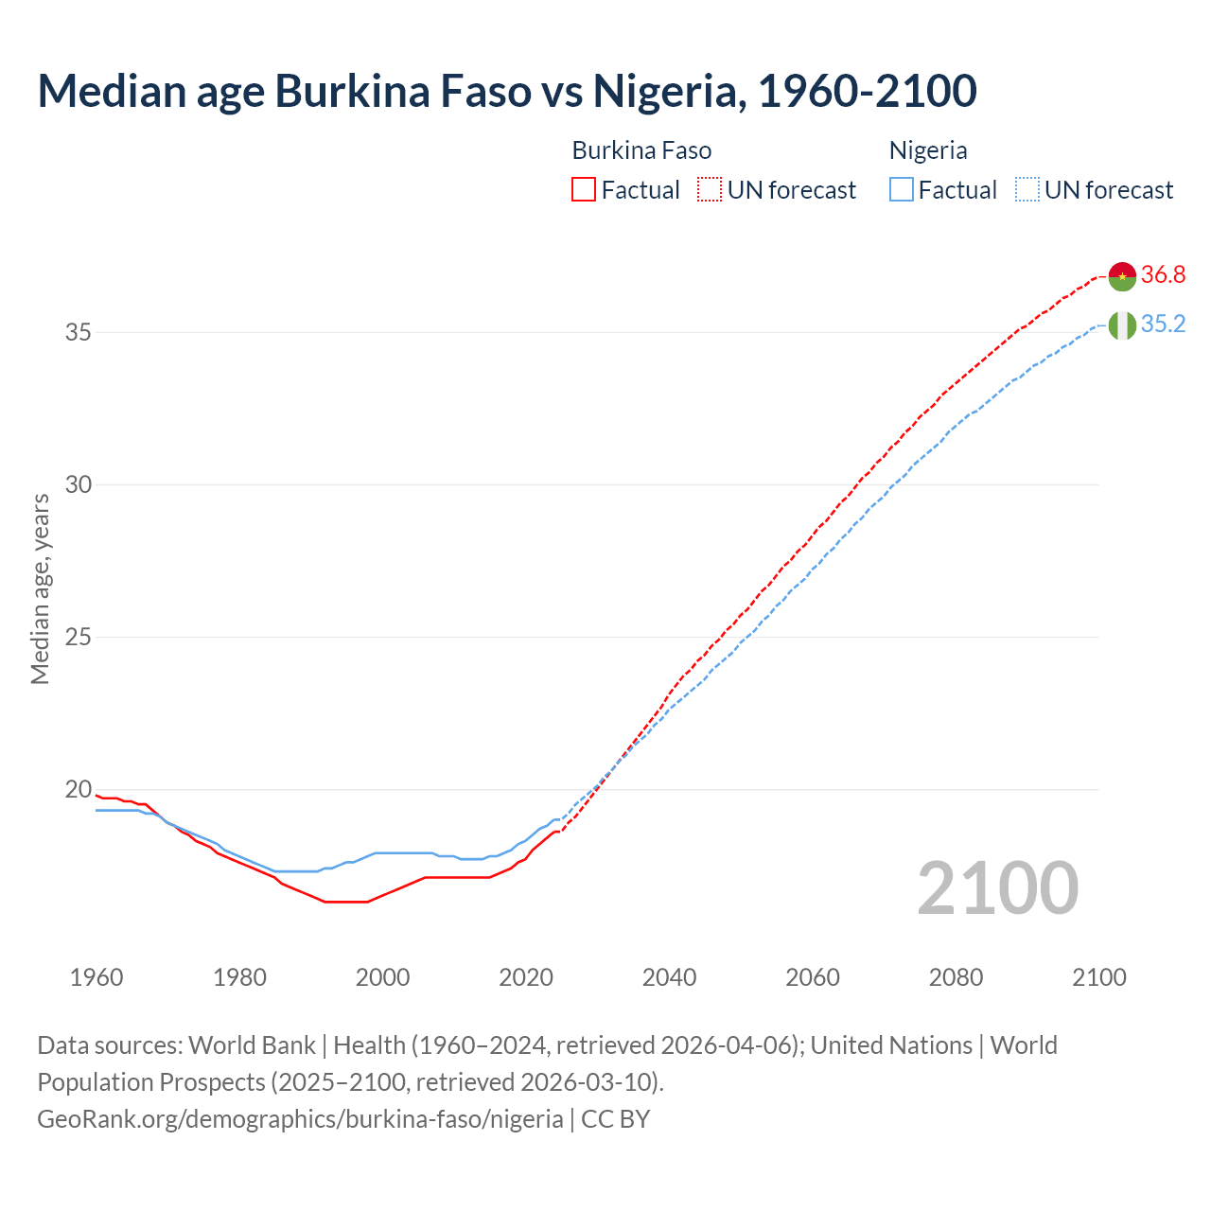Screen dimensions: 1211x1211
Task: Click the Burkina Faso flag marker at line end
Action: [x=1122, y=276]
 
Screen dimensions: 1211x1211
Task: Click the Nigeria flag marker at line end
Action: [x=1122, y=325]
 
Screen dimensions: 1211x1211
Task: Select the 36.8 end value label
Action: [x=1163, y=275]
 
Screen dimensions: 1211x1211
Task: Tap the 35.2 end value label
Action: [x=1163, y=325]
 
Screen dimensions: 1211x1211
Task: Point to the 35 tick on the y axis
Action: [x=79, y=333]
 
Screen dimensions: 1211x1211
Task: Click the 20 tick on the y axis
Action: [x=79, y=790]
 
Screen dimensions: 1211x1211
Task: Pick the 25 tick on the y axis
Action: [x=79, y=638]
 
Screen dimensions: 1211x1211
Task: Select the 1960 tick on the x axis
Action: [x=97, y=977]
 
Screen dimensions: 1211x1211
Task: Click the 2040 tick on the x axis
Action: [x=669, y=977]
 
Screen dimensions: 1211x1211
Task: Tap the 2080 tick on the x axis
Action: [x=956, y=977]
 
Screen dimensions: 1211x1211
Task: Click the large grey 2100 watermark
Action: [x=997, y=888]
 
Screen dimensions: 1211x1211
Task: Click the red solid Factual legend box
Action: [x=584, y=190]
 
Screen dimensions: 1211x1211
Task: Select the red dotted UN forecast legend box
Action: [x=710, y=190]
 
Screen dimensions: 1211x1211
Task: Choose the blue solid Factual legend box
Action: [x=902, y=190]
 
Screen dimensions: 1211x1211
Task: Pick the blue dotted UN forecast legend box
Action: [x=1027, y=190]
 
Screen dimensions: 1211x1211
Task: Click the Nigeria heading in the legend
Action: [x=928, y=151]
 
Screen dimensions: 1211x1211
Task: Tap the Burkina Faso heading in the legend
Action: [x=641, y=151]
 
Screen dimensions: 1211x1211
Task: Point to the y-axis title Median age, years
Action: [x=40, y=588]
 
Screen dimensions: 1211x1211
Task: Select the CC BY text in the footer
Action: [x=615, y=1119]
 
